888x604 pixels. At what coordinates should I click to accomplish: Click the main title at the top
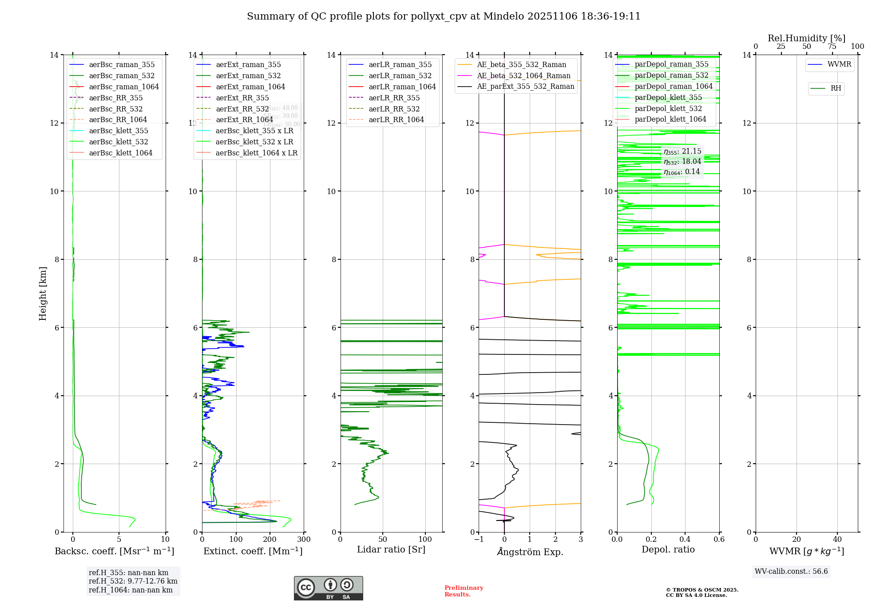444,16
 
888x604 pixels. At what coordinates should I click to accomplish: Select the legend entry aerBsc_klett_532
118,142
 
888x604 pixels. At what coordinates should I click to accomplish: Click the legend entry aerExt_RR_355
242,98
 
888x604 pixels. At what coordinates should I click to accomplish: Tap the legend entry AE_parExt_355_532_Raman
525,87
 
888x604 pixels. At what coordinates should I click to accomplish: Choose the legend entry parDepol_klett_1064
670,119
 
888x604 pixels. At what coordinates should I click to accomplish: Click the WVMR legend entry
839,64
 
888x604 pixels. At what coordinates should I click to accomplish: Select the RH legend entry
835,88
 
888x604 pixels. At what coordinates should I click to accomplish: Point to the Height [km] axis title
43,293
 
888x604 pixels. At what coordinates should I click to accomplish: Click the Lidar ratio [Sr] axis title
391,549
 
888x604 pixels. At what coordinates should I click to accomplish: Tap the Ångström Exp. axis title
530,552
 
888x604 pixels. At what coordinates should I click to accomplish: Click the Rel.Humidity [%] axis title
806,38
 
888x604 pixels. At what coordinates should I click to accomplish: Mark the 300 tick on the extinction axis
304,540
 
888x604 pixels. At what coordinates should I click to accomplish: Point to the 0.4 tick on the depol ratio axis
685,540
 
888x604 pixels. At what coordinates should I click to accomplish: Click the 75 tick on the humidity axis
832,47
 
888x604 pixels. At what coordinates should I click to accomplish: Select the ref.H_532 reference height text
133,581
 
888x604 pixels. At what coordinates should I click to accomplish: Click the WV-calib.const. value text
791,572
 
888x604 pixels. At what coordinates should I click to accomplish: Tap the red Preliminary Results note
464,591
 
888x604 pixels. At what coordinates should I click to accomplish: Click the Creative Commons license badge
328,588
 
